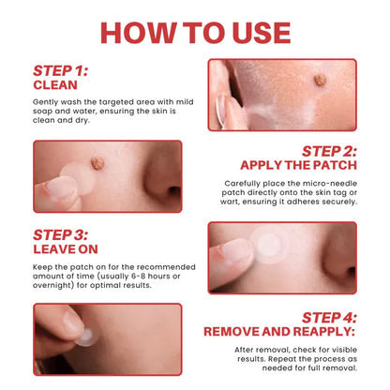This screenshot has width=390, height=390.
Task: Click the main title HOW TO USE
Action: pos(195,31)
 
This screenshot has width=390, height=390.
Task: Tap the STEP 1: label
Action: pos(61,70)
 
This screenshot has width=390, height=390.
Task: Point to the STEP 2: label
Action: pos(328,150)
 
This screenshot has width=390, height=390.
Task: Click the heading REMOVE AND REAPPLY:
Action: pos(279,330)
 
